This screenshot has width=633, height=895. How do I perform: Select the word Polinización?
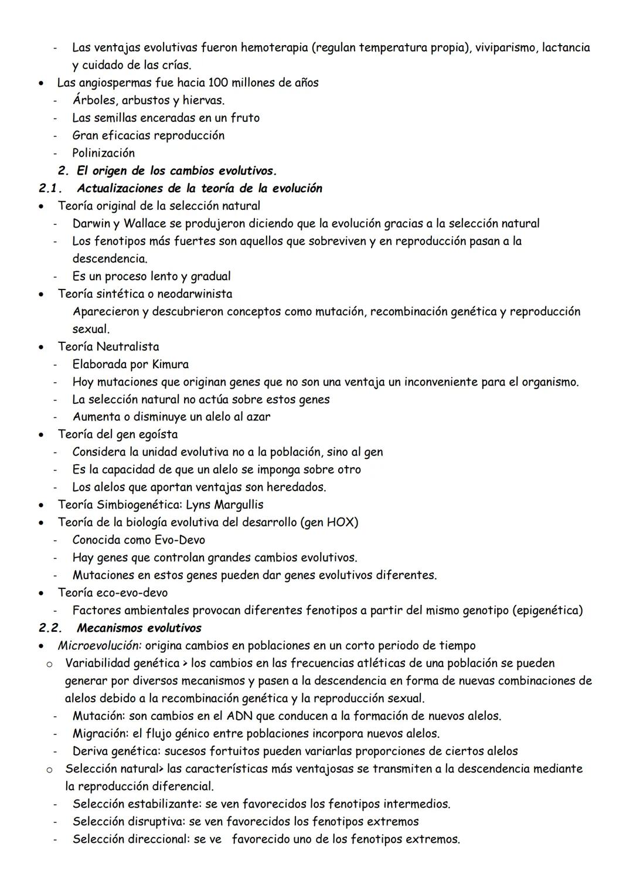(103, 153)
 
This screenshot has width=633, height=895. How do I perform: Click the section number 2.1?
(50, 188)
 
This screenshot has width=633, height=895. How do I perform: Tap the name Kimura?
(170, 364)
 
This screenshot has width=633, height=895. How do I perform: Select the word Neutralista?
(127, 346)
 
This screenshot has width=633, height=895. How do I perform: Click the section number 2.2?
(50, 628)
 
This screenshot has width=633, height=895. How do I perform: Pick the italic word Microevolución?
(99, 645)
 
